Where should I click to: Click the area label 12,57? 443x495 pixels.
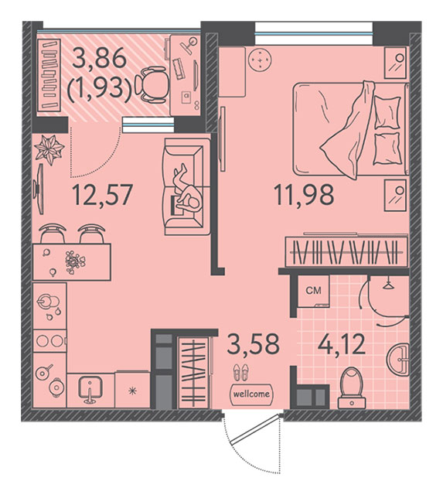pos(101,196)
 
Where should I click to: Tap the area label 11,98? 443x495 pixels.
pos(304,196)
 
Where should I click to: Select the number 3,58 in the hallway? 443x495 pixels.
pos(254,343)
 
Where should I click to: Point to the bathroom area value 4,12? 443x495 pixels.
pos(342,344)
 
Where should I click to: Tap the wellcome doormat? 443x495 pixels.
pos(251,394)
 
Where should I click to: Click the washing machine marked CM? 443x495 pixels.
pos(313,291)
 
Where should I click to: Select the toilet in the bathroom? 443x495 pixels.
pos(352,388)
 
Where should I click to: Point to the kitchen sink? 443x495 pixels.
pos(90,390)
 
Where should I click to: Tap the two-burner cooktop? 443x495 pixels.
pos(49,341)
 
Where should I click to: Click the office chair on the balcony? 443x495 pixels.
pos(151,84)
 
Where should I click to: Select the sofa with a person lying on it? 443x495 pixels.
pos(186,187)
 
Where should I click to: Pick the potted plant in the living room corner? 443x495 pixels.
pos(49,149)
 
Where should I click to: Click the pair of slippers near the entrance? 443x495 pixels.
pos(240,372)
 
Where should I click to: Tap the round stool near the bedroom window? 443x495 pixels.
pos(260,60)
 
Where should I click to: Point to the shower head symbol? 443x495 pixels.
pos(388,285)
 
